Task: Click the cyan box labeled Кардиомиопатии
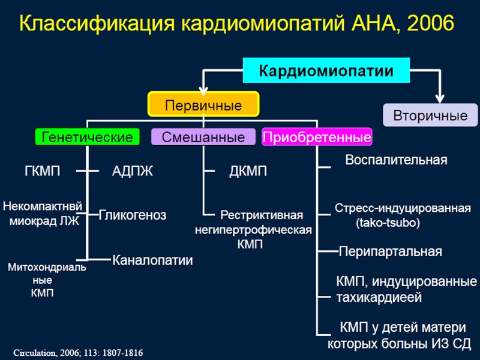[x=326, y=71]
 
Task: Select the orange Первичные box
[x=203, y=106]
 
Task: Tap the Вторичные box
[x=430, y=115]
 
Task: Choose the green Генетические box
[x=88, y=137]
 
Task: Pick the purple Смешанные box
[x=203, y=137]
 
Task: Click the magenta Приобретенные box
[x=317, y=137]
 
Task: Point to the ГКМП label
[x=42, y=172]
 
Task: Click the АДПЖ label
[x=133, y=172]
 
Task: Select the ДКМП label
[x=248, y=172]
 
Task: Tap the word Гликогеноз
[x=133, y=215]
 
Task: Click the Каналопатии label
[x=152, y=260]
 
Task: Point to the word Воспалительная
[x=396, y=160]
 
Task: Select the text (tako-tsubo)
[x=388, y=223]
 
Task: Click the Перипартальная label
[x=391, y=251]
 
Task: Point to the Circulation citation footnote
[x=78, y=353]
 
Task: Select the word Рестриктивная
[x=262, y=215]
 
